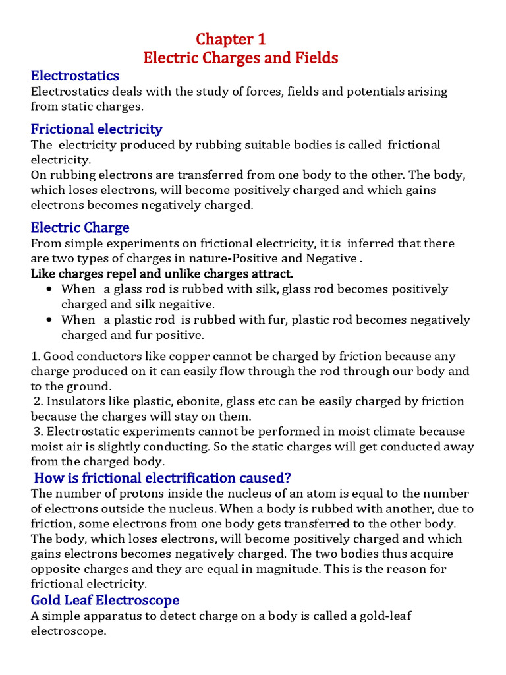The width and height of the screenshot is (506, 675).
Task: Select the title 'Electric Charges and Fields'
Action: pos(240,58)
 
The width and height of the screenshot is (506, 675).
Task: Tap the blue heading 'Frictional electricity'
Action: pos(96,129)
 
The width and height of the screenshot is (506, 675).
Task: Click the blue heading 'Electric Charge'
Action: pos(80,227)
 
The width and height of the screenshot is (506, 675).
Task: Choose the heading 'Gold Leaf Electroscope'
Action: pos(105,600)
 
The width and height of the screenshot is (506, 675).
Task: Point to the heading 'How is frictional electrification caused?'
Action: pos(162,477)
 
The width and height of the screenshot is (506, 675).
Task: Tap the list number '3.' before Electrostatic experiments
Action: pos(39,432)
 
